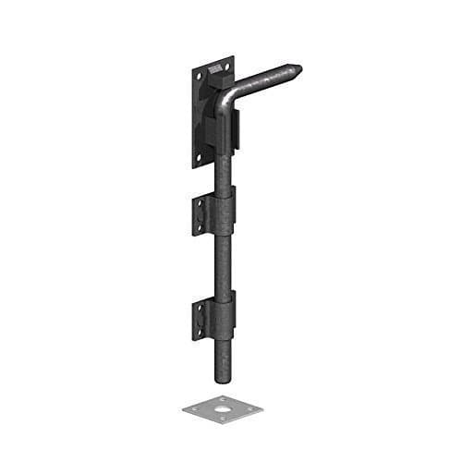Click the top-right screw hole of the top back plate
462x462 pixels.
coord(223,66)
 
